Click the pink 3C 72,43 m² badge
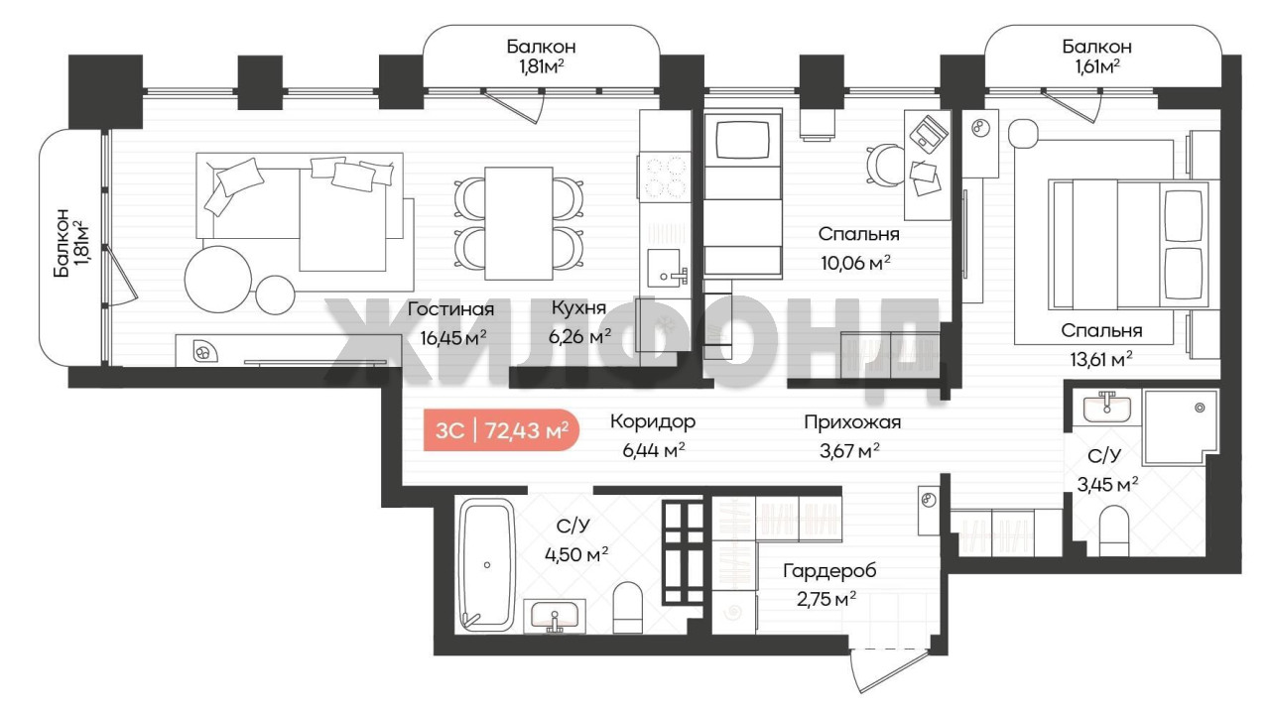pyautogui.click(x=501, y=430)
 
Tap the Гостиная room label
pyautogui.click(x=450, y=309)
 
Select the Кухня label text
pyautogui.click(x=578, y=308)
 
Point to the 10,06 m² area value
pyautogui.click(x=855, y=262)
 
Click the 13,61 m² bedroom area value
pyautogui.click(x=1101, y=359)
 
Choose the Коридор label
pyautogui.click(x=653, y=422)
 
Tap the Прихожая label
pyautogui.click(x=852, y=422)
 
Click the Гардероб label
pyautogui.click(x=829, y=571)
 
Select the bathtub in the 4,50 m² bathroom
pyautogui.click(x=486, y=565)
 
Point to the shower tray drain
pyautogui.click(x=1200, y=408)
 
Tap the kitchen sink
pyautogui.click(x=667, y=268)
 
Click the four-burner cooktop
pyautogui.click(x=665, y=177)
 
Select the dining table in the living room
pyautogui.click(x=518, y=223)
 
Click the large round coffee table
pyautogui.click(x=217, y=280)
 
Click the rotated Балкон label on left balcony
pyautogui.click(x=62, y=243)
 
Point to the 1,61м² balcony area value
pyautogui.click(x=1097, y=67)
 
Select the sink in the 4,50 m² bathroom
pyautogui.click(x=555, y=616)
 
